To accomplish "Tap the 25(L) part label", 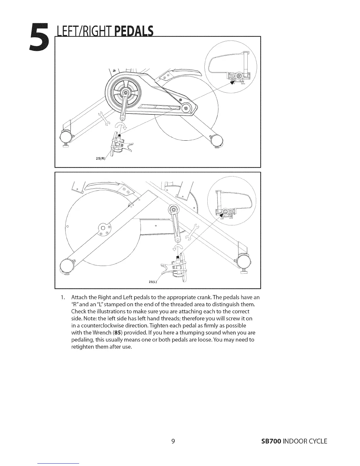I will coord(154,282).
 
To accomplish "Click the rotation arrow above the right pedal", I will coord(121,126).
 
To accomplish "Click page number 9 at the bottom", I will coord(173,441).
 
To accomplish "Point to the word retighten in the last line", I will coord(84,347).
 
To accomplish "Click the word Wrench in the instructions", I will coord(101,332).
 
